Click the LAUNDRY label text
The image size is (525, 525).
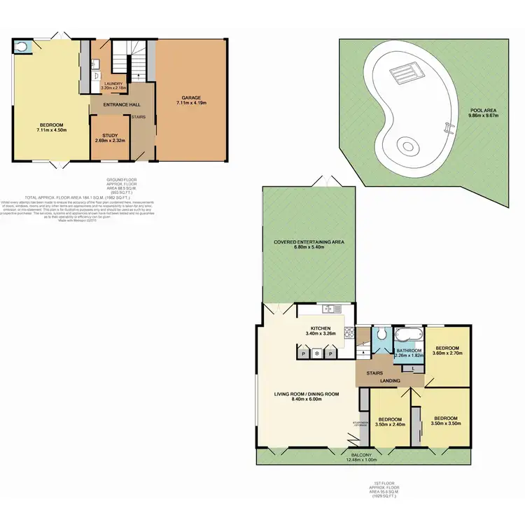(x=113, y=83)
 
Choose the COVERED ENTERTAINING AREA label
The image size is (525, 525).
(x=309, y=241)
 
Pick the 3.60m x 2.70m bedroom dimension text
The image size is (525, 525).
(x=447, y=355)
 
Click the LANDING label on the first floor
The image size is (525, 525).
(x=390, y=381)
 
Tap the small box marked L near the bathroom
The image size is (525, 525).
(x=415, y=368)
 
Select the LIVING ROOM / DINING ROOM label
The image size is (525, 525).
(x=307, y=394)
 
